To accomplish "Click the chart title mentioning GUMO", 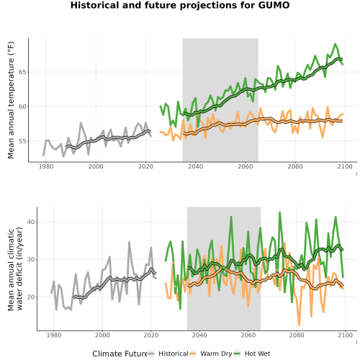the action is (180, 5).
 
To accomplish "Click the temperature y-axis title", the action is (11, 100).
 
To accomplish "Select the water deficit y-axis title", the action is (15, 269).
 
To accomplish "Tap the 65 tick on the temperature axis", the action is (22, 72).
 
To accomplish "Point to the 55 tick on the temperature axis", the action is (22, 141).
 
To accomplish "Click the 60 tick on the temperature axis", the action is (22, 107).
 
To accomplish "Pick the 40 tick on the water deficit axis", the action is (31, 222).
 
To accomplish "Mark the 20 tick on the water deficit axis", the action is (31, 297).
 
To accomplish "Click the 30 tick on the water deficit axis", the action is (31, 259).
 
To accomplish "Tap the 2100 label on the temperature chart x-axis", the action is (345, 166).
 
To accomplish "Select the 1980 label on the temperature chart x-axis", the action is (46, 166).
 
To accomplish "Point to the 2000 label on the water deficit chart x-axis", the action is (102, 335).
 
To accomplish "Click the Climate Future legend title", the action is (120, 354).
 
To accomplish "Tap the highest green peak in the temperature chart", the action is (335, 44).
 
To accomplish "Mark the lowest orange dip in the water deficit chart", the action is (299, 325).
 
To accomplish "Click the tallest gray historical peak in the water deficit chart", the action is (129, 242).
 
